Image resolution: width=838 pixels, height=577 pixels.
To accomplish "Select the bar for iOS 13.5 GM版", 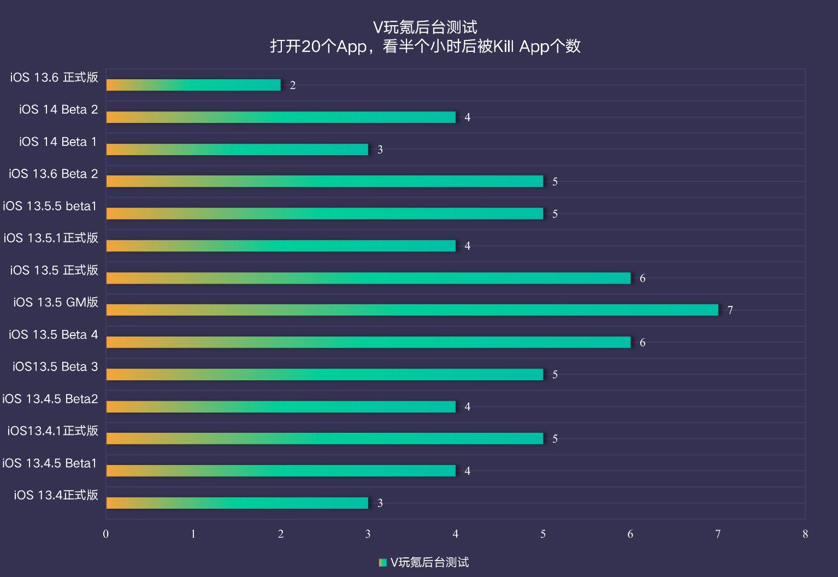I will (x=412, y=310).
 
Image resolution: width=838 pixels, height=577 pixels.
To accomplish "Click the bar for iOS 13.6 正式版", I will (x=193, y=85).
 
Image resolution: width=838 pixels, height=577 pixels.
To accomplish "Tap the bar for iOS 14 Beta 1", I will (x=237, y=149).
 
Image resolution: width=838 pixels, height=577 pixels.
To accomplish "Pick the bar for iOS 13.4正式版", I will (x=237, y=503).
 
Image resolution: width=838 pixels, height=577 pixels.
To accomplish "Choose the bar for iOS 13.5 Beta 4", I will (x=368, y=342).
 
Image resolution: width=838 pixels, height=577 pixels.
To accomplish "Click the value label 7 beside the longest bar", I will (x=730, y=310).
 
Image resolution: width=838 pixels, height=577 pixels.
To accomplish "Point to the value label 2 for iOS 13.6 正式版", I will (x=293, y=85).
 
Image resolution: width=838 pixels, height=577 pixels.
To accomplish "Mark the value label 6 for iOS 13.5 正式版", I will (x=642, y=278).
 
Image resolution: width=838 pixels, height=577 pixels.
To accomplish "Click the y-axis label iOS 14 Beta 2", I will (x=58, y=109).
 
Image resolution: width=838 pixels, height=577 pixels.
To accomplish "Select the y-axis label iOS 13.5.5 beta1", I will (x=50, y=206).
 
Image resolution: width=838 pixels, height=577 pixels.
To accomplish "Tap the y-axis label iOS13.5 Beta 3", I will (x=55, y=367).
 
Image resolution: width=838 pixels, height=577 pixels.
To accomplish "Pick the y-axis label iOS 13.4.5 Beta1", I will (x=50, y=463).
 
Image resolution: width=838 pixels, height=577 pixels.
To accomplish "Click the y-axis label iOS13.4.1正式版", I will (x=52, y=431).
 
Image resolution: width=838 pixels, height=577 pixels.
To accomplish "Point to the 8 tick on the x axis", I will (x=805, y=534).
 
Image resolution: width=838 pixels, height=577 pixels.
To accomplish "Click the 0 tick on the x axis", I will (x=106, y=534).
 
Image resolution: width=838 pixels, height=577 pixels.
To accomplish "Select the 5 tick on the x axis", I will (x=543, y=534).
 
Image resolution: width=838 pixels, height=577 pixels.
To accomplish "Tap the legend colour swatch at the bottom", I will (x=383, y=562).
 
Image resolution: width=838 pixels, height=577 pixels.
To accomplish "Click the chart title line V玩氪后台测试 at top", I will (x=425, y=27).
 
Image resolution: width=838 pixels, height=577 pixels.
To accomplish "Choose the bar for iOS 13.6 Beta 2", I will (x=324, y=181).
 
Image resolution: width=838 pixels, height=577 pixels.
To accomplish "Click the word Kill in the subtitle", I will (x=504, y=46).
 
